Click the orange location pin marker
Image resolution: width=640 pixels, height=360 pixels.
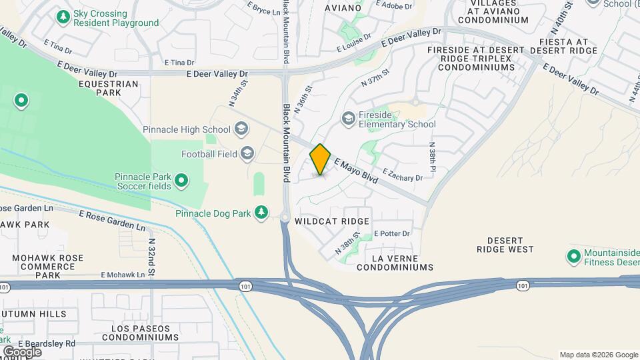321,159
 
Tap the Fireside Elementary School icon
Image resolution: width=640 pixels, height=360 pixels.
348,119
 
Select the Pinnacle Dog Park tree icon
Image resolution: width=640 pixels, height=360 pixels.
262,212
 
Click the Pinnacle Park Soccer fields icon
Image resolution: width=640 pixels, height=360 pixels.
181,180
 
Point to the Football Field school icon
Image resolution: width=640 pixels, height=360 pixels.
247,154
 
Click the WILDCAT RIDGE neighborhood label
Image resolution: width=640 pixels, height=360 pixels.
332,221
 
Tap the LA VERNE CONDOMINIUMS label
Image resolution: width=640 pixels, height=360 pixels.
395,263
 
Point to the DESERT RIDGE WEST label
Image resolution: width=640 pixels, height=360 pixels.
505,245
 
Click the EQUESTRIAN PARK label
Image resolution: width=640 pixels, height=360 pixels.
108,89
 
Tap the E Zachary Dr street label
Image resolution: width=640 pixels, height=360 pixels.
403,175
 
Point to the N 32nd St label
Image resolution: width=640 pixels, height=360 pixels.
151,259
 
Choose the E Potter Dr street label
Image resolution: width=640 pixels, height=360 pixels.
391,233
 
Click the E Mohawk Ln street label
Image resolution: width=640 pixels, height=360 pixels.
123,275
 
